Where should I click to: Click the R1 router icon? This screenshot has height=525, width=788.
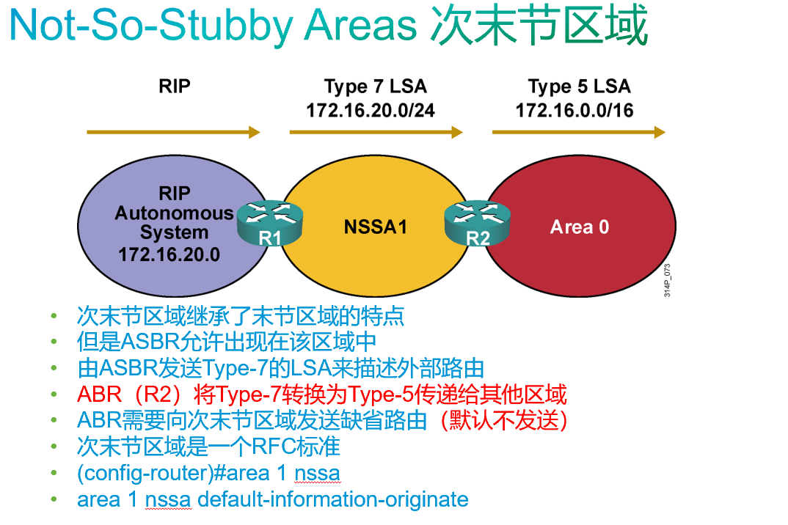269,223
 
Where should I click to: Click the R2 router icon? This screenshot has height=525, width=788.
477,223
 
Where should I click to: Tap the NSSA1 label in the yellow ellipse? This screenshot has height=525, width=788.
375,227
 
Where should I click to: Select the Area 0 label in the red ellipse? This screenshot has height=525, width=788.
580,227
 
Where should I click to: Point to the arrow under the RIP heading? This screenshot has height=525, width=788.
173,132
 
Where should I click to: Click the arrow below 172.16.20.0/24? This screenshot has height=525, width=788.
376,132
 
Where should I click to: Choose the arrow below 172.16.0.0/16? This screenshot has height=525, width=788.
579,132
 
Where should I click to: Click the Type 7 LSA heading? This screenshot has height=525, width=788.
375,87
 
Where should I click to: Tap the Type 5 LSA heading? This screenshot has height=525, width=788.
579,87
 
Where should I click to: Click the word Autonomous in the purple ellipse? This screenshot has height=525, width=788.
174,213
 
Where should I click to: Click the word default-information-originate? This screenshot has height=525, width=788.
333,500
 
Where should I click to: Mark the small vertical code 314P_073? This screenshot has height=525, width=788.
667,279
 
